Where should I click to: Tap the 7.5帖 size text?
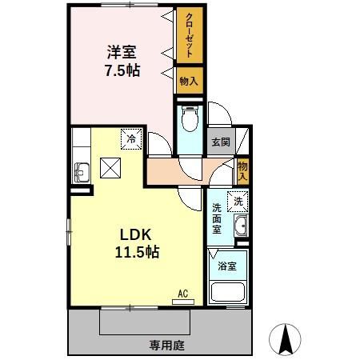click(122, 70)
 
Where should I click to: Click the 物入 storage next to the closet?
click(189, 80)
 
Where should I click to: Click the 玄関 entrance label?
click(220, 142)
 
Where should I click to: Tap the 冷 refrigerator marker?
click(130, 138)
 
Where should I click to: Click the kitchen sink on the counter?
click(82, 169)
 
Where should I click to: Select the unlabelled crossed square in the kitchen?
click(109, 168)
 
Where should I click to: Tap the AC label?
click(182, 293)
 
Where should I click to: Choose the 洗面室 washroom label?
click(217, 218)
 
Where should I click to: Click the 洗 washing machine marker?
click(238, 202)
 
